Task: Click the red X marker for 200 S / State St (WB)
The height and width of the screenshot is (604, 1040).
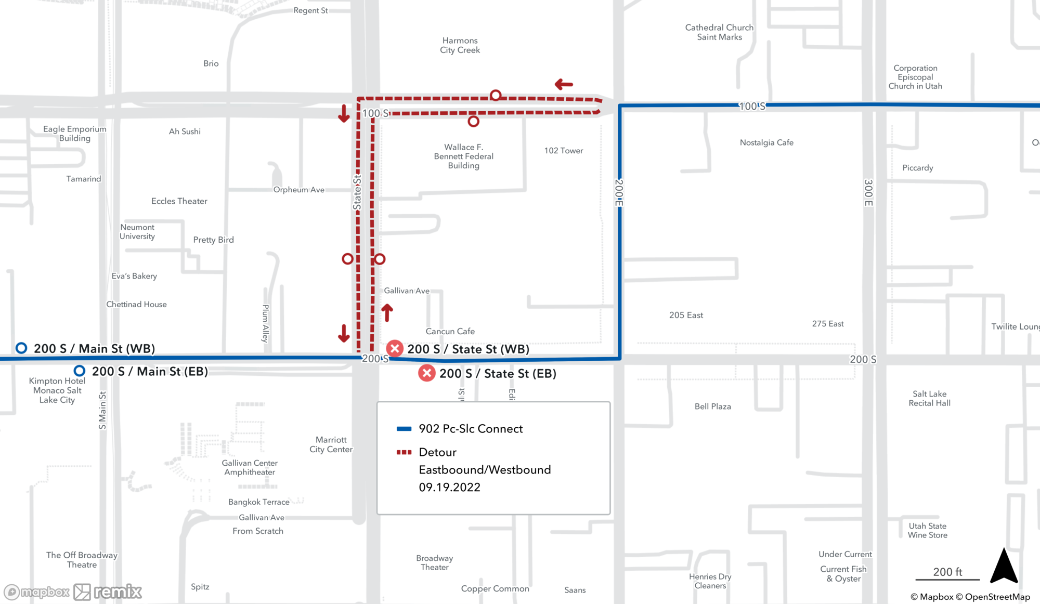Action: coord(395,348)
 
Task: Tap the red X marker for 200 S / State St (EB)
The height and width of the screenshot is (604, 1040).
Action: coord(427,373)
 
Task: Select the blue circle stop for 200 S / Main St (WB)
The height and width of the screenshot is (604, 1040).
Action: coord(21,348)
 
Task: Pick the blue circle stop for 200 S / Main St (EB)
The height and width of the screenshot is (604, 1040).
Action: coord(80,371)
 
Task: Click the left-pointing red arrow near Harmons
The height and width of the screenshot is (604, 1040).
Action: coord(564,84)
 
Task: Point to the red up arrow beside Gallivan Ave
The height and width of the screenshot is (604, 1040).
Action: coord(387,312)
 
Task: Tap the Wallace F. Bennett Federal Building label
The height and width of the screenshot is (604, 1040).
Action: coord(463,156)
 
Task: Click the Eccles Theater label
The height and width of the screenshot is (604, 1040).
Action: coord(179,201)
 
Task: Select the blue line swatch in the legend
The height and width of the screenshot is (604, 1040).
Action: coord(404,429)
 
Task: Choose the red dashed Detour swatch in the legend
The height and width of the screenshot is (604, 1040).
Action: coord(404,452)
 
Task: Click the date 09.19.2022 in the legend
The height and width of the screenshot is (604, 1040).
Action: coord(449,487)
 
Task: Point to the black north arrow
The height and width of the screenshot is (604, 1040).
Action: coord(1004,566)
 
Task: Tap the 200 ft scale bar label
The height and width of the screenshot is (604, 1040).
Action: coord(947,572)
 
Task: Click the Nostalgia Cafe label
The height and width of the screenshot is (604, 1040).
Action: coord(766,142)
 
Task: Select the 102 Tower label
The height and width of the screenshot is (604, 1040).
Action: coord(563,151)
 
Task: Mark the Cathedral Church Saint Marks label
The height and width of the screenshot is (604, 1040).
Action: coord(719,32)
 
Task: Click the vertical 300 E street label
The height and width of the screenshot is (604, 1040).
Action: coord(868,193)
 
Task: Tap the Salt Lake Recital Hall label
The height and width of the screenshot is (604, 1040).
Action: coord(929,399)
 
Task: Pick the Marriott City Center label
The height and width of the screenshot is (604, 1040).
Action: coord(331,444)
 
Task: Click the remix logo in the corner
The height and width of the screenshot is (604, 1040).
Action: coord(108,592)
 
